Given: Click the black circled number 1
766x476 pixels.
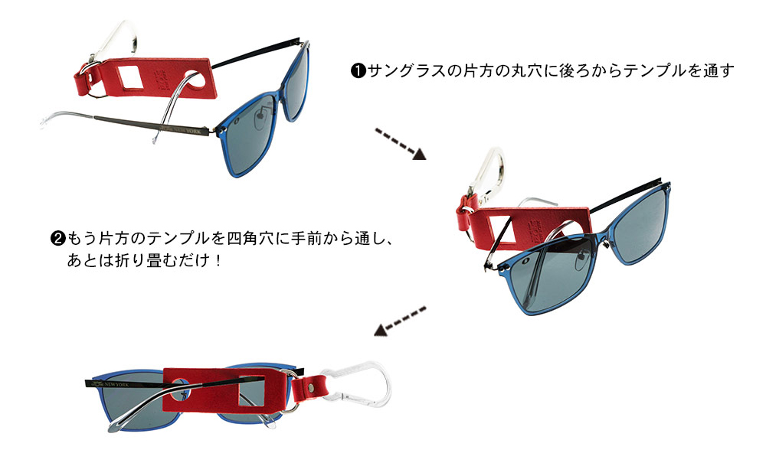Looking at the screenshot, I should pos(358,71).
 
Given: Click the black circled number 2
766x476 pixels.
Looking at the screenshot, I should pos(57,238).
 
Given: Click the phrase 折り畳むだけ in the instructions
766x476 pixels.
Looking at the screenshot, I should pos(159,259).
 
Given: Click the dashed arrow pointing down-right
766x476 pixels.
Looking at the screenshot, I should pos(400,143).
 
